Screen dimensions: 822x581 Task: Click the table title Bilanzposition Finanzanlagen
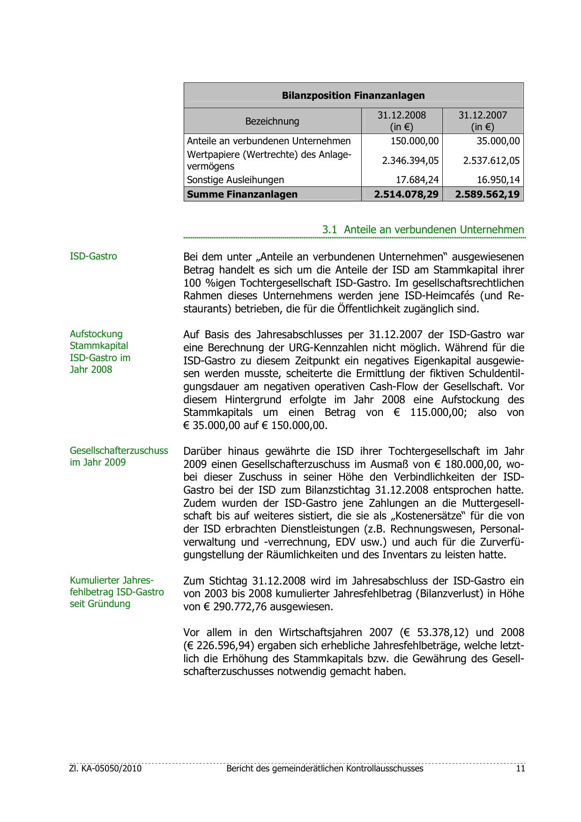point(353,96)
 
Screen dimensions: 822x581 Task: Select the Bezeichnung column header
point(272,121)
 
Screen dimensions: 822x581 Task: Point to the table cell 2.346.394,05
point(410,161)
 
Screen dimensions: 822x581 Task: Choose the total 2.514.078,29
point(406,194)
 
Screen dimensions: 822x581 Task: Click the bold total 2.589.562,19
point(487,194)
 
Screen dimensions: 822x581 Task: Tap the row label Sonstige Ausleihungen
point(235,180)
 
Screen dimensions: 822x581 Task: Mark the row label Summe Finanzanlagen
point(242,194)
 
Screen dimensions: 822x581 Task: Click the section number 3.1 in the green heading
point(330,230)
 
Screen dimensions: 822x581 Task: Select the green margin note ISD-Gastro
point(93,257)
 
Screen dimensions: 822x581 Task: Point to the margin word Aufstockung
point(96,334)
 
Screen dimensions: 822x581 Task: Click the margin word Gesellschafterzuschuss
point(119,451)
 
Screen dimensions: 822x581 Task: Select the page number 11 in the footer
point(521,769)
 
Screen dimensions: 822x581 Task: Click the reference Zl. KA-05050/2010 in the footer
point(105,769)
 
